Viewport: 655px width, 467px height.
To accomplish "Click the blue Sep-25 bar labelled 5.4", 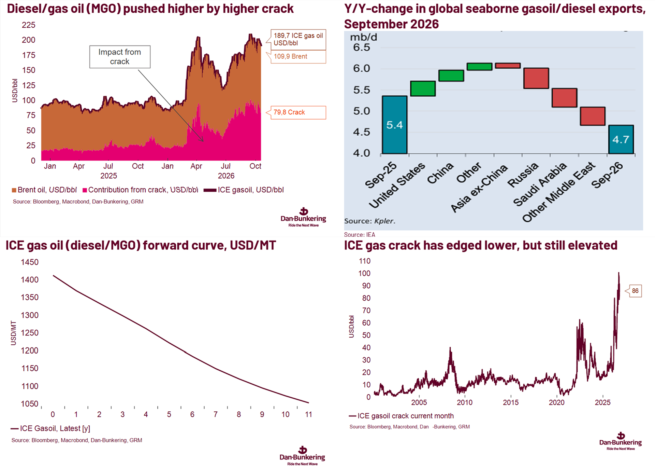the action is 394,125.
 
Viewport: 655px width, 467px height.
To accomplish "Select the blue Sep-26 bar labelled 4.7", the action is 621,139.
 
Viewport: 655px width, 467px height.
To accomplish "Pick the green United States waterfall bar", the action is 423,88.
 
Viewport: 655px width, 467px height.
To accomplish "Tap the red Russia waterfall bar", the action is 536,78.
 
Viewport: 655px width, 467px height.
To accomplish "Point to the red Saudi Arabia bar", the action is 565,98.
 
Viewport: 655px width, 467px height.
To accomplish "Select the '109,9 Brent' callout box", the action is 298,57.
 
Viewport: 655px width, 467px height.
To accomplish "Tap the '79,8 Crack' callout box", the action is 298,112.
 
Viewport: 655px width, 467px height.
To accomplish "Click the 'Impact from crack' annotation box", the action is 120,57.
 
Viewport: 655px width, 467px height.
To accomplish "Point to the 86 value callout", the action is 635,291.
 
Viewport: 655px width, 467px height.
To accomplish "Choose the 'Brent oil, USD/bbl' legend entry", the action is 44,190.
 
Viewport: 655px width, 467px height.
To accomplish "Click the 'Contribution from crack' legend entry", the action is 140,190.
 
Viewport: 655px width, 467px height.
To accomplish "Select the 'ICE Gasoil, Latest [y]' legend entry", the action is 50,428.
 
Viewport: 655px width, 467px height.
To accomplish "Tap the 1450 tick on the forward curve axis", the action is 30,262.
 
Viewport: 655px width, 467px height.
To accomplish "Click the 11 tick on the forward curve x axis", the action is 308,414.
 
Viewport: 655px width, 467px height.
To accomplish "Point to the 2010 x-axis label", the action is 465,402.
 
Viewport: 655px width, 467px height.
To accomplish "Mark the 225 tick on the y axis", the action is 29,25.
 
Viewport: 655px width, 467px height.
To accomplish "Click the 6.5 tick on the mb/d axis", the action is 362,47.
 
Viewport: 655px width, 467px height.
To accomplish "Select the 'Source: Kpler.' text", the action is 370,221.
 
